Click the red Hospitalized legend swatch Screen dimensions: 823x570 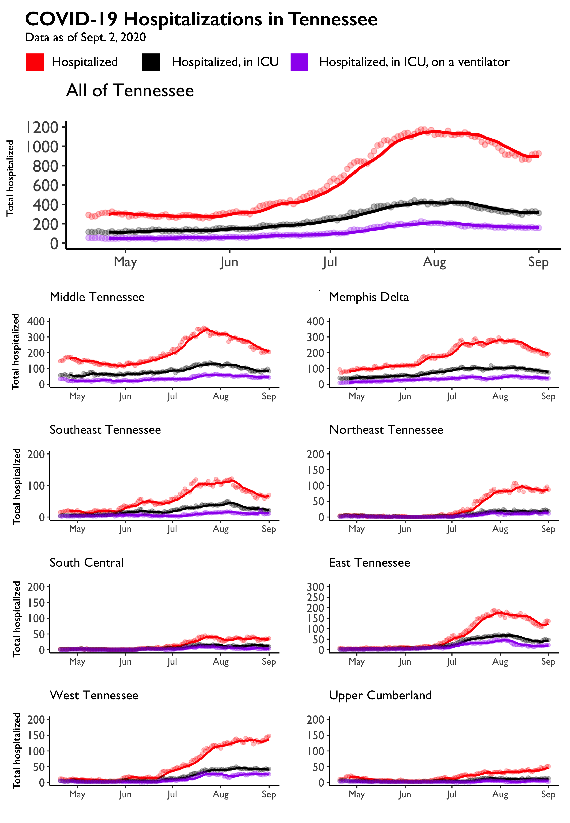(35, 62)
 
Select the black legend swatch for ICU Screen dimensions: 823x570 (151, 62)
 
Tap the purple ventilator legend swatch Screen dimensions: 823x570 (299, 62)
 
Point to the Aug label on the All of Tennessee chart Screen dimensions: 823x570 (434, 262)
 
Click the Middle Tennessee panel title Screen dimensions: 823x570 (97, 297)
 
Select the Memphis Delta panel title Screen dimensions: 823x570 (369, 297)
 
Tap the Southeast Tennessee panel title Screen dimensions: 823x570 (105, 430)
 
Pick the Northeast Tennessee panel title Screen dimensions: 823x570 (386, 430)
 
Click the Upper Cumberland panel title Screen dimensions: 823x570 (380, 695)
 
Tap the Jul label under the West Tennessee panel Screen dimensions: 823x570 (172, 794)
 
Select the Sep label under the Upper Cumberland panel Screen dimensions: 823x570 (548, 794)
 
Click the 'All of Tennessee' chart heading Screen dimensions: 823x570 (130, 91)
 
